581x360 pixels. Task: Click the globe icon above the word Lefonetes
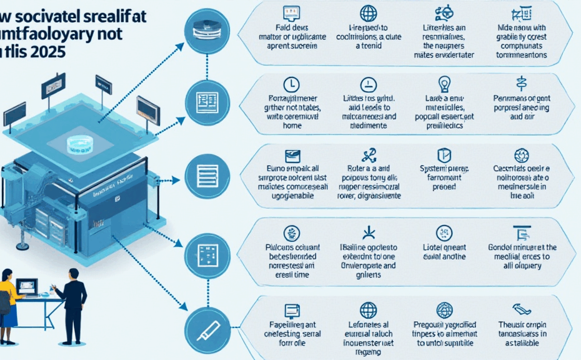click(x=369, y=310)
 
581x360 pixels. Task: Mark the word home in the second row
click(x=292, y=125)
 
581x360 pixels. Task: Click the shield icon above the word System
click(x=444, y=154)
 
